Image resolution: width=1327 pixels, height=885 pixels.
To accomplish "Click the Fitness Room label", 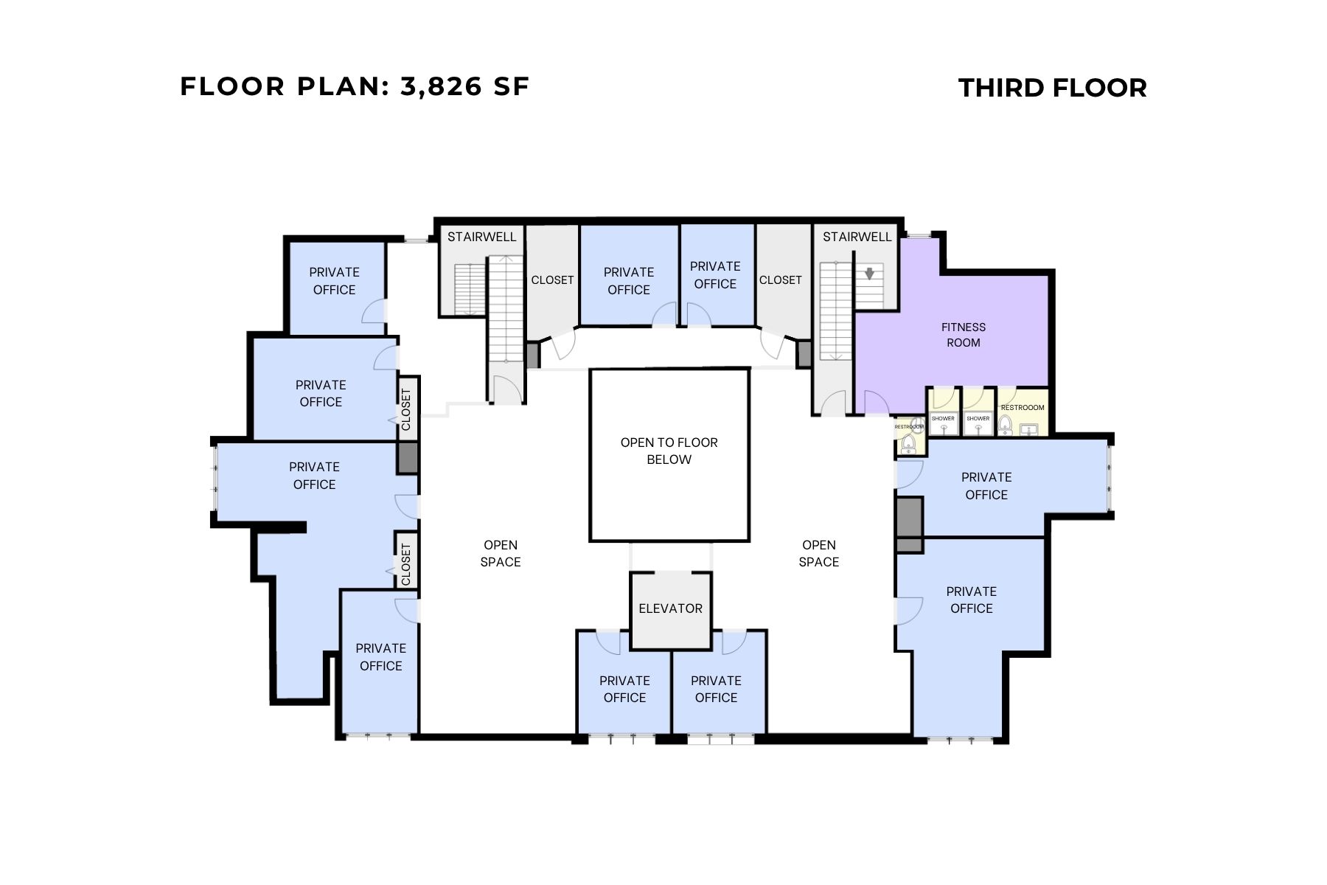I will pos(963,334).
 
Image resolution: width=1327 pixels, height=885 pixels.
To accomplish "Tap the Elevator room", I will pos(670,608).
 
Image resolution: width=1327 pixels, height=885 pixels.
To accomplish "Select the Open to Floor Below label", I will pos(669,451).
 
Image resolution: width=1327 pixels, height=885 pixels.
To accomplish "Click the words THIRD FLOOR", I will pos(1052,88).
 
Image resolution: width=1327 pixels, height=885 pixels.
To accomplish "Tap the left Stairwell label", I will pos(481,237).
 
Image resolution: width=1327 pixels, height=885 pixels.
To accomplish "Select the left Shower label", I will pos(943,418).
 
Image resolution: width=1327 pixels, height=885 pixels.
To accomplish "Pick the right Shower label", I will pos(978,418).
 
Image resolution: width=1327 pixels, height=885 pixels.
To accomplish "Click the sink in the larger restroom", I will pos(1030,428).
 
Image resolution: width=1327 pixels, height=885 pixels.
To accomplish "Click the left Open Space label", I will pos(500,553).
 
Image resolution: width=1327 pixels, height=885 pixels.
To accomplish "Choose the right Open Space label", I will pos(818,553).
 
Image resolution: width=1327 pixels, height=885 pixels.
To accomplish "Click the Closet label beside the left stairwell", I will pos(552,280).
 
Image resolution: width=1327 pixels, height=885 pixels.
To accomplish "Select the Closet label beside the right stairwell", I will pos(780,280).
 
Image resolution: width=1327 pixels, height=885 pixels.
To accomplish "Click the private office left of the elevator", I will pos(624,689).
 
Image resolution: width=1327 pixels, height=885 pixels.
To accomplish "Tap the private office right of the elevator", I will pos(716,689).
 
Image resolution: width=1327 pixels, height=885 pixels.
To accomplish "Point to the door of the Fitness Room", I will pos(875,403).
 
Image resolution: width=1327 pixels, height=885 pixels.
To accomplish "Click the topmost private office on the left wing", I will pos(334,281).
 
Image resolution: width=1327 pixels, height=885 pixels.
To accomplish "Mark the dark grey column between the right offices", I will pos(910,524).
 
